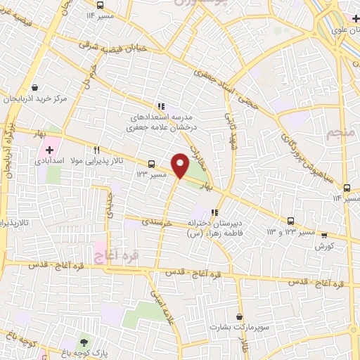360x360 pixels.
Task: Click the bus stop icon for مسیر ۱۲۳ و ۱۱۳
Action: click(x=292, y=220)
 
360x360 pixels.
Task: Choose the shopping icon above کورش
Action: click(x=324, y=235)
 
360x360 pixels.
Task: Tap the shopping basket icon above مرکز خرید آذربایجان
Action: click(x=34, y=87)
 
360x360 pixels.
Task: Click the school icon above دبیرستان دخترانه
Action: click(x=214, y=212)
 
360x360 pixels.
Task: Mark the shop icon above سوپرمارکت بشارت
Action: click(x=240, y=317)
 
